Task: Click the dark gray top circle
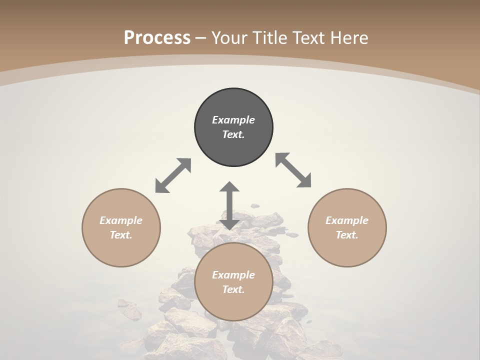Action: (x=233, y=127)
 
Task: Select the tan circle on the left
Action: (x=121, y=227)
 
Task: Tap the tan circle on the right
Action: (x=347, y=227)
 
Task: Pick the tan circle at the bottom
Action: (x=233, y=282)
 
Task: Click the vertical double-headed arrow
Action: (x=229, y=205)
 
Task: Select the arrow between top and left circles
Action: (x=173, y=175)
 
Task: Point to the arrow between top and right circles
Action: (x=293, y=170)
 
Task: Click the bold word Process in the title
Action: (x=157, y=37)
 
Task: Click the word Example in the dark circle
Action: (x=233, y=120)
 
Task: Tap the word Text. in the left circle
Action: (x=121, y=235)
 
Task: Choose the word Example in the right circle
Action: (x=347, y=220)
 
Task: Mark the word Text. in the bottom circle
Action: (x=233, y=289)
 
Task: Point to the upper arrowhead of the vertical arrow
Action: (x=229, y=187)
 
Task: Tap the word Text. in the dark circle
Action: (x=233, y=134)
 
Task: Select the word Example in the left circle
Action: (x=121, y=220)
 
